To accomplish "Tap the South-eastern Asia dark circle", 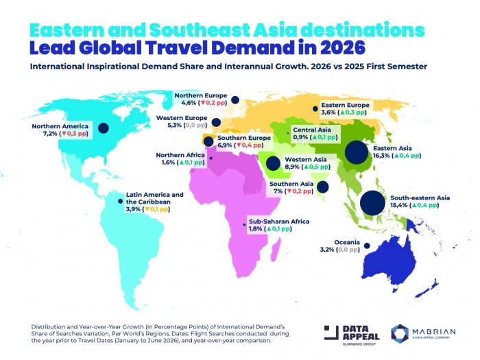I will (372, 203).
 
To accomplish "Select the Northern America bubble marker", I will (104, 128).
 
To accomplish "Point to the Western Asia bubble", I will (273, 163).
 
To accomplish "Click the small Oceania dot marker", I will (367, 246).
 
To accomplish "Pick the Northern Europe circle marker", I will (235, 100).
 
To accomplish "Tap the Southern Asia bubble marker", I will (322, 186).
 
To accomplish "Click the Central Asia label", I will (312, 129).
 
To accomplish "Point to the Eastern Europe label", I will (346, 105).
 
